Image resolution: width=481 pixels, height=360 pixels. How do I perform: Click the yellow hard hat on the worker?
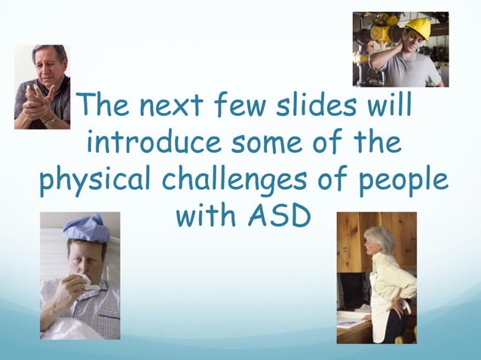click(x=417, y=29)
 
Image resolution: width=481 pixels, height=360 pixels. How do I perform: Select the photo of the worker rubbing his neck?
click(x=400, y=50)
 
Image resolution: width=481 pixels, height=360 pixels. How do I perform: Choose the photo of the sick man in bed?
click(x=79, y=276)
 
